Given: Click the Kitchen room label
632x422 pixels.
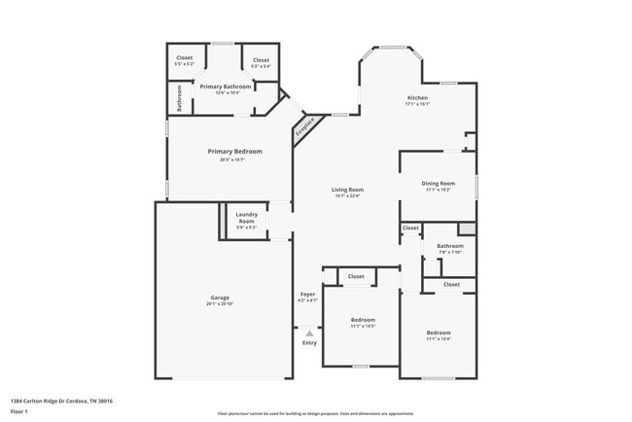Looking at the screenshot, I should pyautogui.click(x=417, y=98).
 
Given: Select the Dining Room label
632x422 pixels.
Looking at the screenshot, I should pyautogui.click(x=438, y=183).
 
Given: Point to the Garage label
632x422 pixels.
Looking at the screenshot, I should pyautogui.click(x=220, y=298).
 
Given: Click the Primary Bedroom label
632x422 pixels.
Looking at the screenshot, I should pyautogui.click(x=234, y=151).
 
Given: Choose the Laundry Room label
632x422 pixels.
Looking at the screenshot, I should pyautogui.click(x=246, y=218).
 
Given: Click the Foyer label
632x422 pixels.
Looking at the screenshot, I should pyautogui.click(x=307, y=294).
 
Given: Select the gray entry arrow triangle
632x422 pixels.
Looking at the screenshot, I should pyautogui.click(x=309, y=333).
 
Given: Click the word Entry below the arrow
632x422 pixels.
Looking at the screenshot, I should pyautogui.click(x=309, y=343).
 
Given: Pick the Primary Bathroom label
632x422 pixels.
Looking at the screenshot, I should pyautogui.click(x=226, y=87).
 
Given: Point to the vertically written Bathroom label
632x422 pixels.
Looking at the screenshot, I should pyautogui.click(x=180, y=97).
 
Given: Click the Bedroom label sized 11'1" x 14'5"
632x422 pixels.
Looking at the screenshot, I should pyautogui.click(x=363, y=319).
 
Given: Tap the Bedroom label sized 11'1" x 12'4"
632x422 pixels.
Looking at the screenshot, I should pyautogui.click(x=438, y=333).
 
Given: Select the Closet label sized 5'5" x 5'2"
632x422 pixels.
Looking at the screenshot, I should pyautogui.click(x=184, y=59).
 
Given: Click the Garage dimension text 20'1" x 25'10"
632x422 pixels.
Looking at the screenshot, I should pyautogui.click(x=220, y=304).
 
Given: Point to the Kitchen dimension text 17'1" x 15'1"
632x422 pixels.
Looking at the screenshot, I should pyautogui.click(x=417, y=105).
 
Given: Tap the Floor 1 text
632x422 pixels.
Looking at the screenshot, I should pyautogui.click(x=19, y=409).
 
